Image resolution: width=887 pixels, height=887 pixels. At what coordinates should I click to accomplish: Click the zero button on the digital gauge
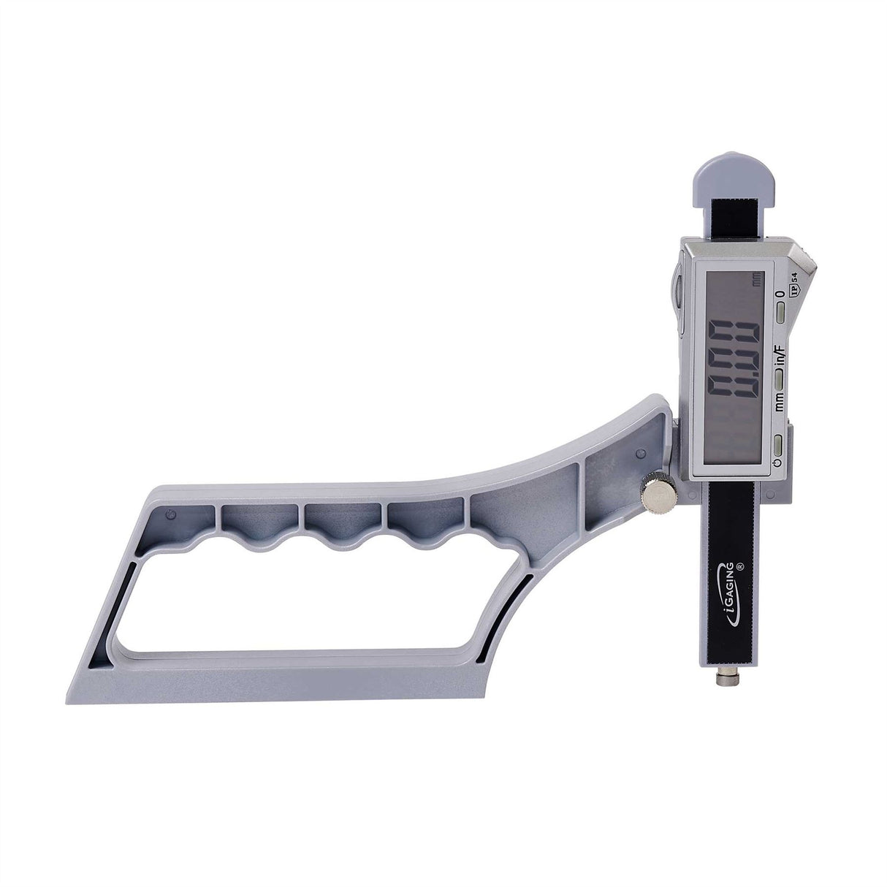click(781, 314)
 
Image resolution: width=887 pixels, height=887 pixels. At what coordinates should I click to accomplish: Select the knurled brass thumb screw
click(661, 494)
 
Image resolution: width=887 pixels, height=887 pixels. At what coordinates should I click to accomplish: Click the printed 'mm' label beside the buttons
click(780, 399)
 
